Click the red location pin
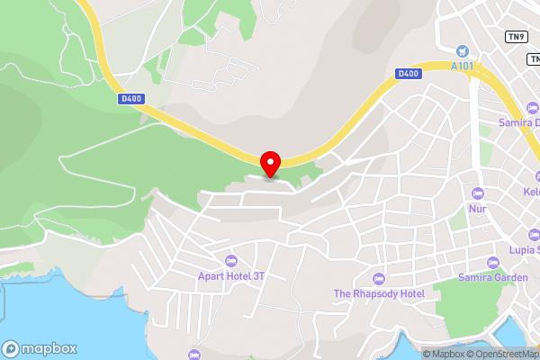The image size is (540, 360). (x=270, y=163)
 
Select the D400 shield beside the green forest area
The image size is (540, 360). (x=130, y=99)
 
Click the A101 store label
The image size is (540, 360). (x=463, y=67)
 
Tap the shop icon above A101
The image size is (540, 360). (x=463, y=51)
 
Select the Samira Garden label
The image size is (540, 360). (x=492, y=277)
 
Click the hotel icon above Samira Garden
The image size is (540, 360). (x=492, y=262)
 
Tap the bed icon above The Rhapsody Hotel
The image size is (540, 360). (x=378, y=277)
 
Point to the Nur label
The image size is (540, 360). (x=477, y=209)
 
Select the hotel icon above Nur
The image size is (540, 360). (x=477, y=193)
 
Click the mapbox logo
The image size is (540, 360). (x=40, y=348)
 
